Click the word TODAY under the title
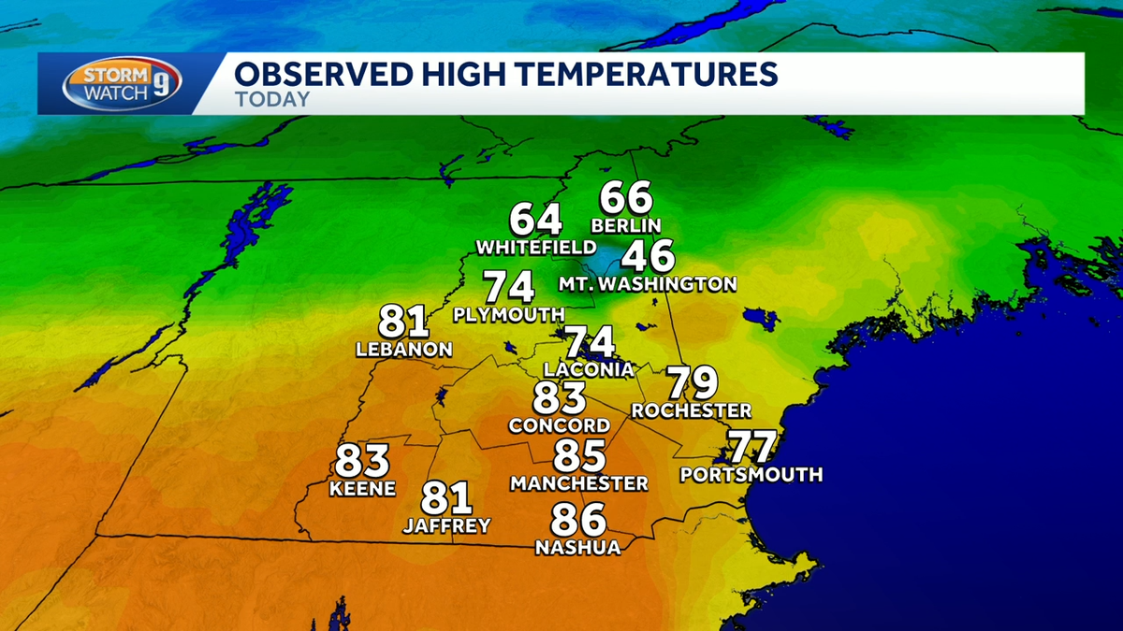(x=271, y=99)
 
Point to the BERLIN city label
(x=626, y=225)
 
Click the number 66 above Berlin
(x=626, y=198)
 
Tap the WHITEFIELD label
(x=535, y=248)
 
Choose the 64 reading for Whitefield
(x=535, y=221)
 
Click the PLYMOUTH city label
(x=508, y=314)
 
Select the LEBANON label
(x=404, y=350)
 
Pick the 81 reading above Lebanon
(x=403, y=323)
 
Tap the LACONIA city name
(x=589, y=369)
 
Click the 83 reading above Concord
(x=560, y=398)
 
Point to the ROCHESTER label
(x=691, y=410)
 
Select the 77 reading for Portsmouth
(x=752, y=447)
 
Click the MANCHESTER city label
(x=579, y=483)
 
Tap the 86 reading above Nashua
(x=577, y=520)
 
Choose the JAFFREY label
(x=446, y=526)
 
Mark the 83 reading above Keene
(x=362, y=461)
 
